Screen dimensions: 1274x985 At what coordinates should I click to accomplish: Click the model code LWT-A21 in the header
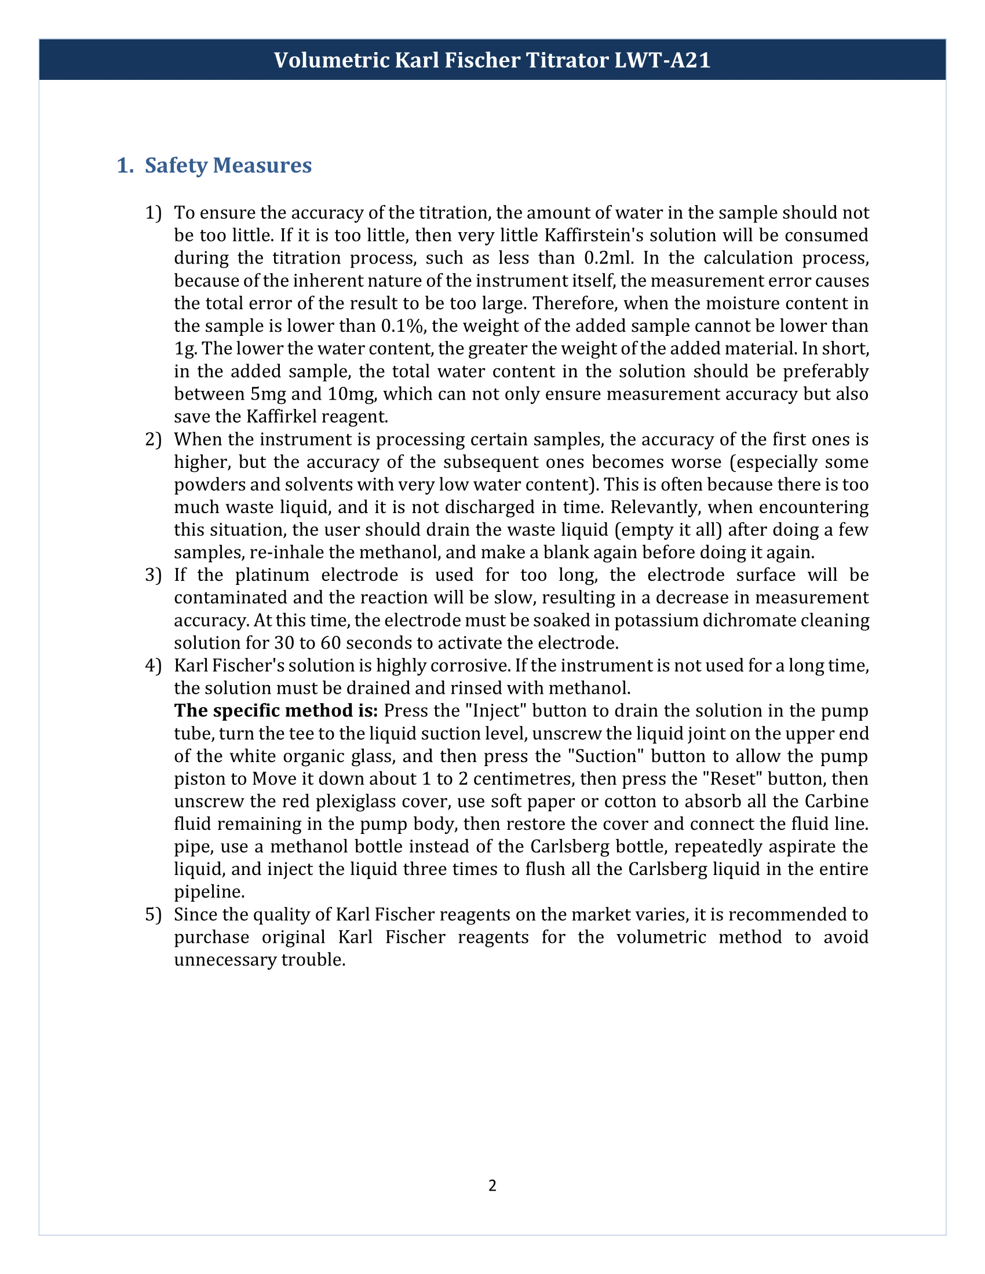point(662,60)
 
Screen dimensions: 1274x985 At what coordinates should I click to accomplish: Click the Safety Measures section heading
point(228,165)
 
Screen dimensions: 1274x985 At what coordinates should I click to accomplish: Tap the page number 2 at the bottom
point(492,1185)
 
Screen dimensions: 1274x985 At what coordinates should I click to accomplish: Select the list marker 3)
point(153,574)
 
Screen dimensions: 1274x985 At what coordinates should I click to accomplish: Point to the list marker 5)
point(153,914)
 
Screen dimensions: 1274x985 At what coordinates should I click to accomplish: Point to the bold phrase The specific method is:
point(276,711)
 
